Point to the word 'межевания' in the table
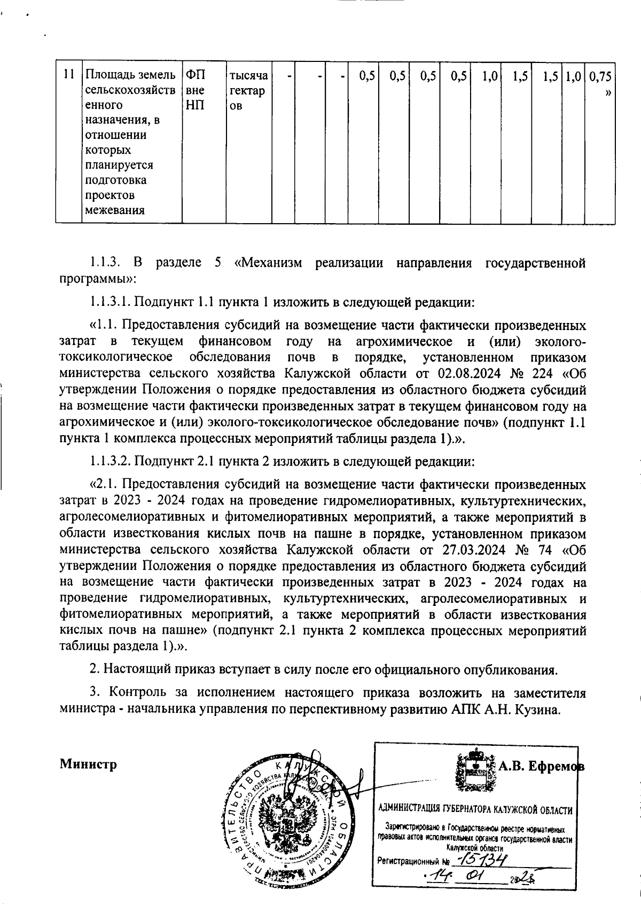pos(115,210)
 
